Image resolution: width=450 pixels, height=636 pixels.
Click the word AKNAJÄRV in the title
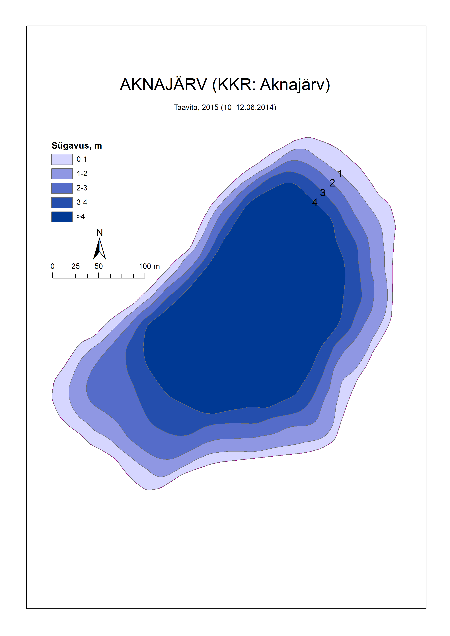coord(163,85)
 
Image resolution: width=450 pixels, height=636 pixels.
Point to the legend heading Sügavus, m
coord(77,146)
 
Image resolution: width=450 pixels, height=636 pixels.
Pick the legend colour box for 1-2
coord(62,174)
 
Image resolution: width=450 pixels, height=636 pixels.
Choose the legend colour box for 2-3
coord(62,188)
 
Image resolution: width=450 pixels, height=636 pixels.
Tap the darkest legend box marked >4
coord(62,217)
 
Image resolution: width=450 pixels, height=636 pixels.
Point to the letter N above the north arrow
coord(99,233)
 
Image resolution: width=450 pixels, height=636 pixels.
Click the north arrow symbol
coord(99,249)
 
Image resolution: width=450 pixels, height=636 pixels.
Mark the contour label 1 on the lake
coord(340,174)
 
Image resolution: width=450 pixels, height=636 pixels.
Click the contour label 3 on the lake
coord(323,193)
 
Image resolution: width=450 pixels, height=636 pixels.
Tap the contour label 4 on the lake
coord(315,203)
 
